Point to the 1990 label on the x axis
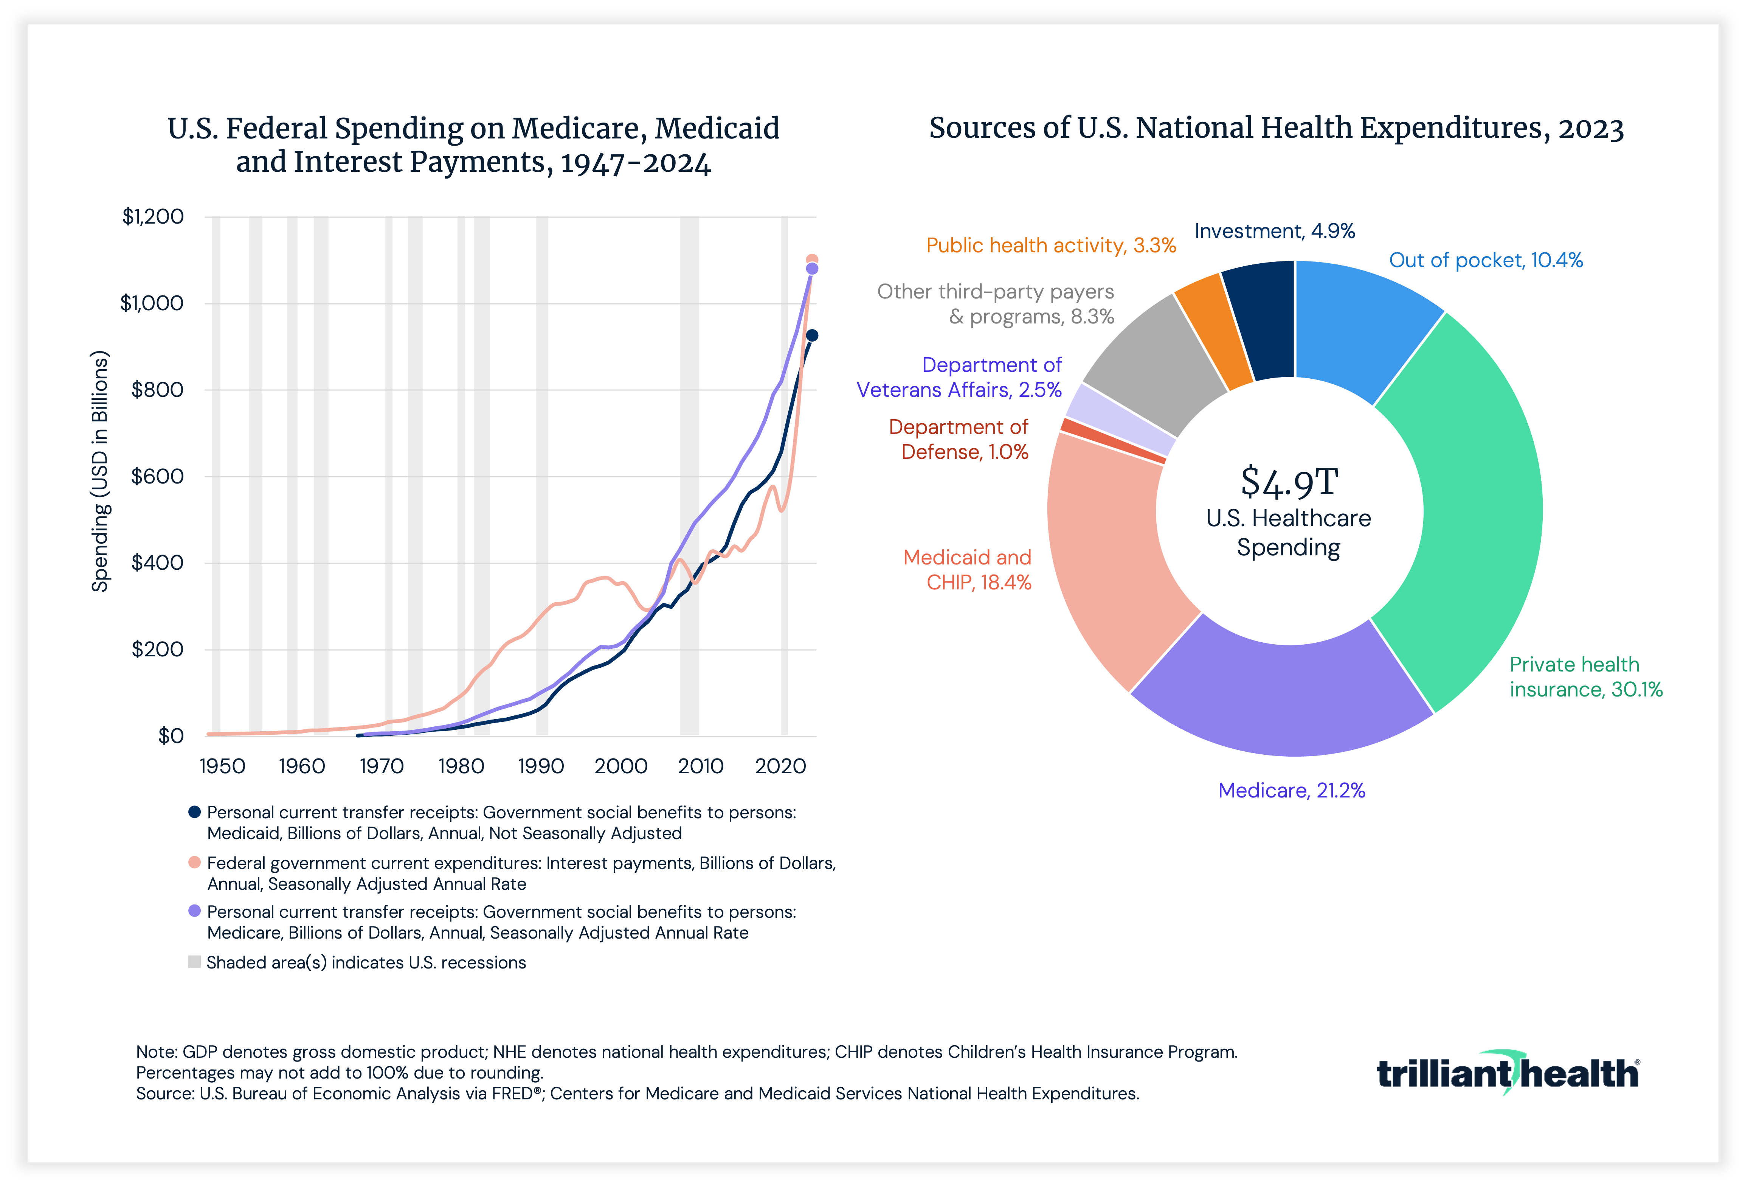pos(541,766)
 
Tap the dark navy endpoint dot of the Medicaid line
pos(812,336)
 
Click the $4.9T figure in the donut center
pos(1289,482)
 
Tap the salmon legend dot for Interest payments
pos(194,862)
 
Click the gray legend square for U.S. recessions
pos(194,962)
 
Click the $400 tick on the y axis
pos(157,563)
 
